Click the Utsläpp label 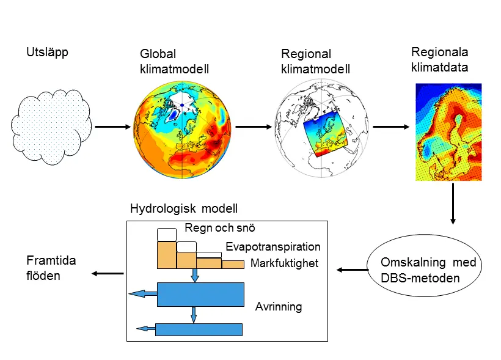point(47,53)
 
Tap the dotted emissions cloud point(51,127)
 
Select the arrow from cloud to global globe point(113,127)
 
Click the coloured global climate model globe point(182,130)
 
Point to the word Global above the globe point(158,54)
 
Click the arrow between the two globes point(254,127)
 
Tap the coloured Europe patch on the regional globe point(325,134)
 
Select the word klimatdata point(440,67)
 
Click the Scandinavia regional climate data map point(448,132)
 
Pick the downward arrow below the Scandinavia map point(453,204)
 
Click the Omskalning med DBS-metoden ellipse point(424,265)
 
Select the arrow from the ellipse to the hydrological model point(353,270)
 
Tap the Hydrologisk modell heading point(184,208)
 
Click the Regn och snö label point(220,228)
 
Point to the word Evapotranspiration point(273,246)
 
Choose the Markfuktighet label point(284,263)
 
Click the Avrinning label point(279,307)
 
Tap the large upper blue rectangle point(200,295)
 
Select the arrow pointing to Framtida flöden point(108,273)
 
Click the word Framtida point(51,260)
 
